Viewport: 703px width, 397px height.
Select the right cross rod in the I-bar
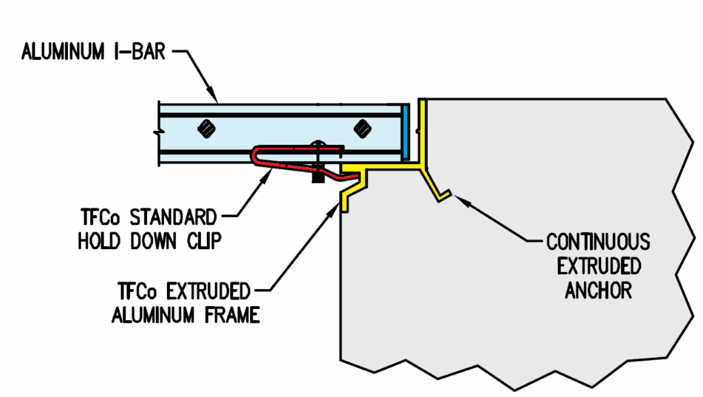363,127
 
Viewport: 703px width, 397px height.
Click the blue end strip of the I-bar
405,132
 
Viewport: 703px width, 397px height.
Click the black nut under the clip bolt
318,175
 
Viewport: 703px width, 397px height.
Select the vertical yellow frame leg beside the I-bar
422,129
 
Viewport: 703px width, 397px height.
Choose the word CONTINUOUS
598,241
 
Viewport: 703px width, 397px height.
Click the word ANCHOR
598,290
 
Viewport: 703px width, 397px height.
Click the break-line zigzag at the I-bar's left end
158,133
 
